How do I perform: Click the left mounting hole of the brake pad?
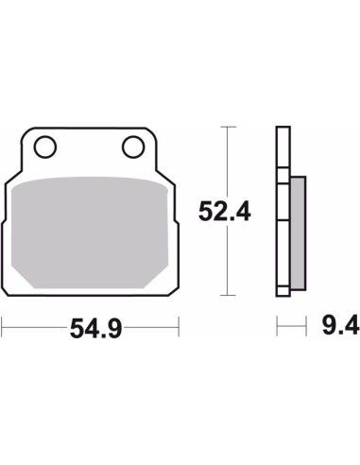point(45,146)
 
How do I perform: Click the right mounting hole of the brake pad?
point(133,146)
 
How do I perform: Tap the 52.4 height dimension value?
point(225,212)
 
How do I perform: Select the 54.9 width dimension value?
point(95,328)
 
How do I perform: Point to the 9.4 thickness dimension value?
point(340,325)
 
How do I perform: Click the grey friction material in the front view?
point(90,232)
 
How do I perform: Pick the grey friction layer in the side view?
point(298,233)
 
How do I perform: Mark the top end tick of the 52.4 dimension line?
point(228,127)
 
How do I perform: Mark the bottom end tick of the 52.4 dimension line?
point(228,295)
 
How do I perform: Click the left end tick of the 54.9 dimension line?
point(2,327)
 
